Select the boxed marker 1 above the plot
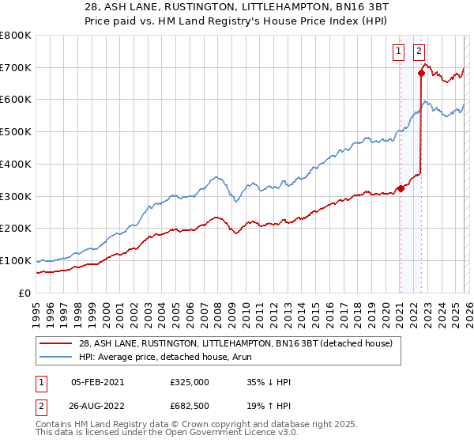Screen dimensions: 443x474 click(x=400, y=52)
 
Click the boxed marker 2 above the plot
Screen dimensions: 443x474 click(x=418, y=52)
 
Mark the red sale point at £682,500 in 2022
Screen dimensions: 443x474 click(x=421, y=74)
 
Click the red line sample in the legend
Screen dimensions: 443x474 click(x=55, y=343)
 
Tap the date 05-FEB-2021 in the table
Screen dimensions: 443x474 click(x=97, y=381)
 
